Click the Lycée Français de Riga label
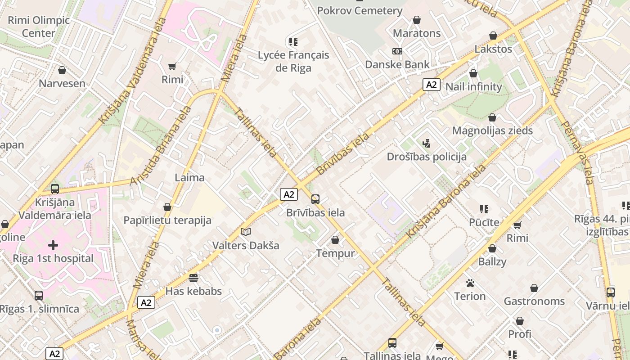tap(293, 62)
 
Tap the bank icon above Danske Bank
tap(397, 51)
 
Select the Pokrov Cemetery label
tap(360, 10)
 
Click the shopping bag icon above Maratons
tap(417, 20)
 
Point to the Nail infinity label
tap(473, 87)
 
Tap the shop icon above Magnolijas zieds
tap(492, 117)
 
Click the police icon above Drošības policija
tap(426, 144)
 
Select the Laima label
tap(189, 177)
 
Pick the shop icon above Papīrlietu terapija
tap(167, 207)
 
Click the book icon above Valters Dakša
tap(245, 232)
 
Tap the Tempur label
tap(335, 253)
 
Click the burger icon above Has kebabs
tap(193, 278)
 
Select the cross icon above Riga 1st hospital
tap(53, 245)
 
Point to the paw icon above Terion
tap(470, 283)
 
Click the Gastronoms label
tap(534, 301)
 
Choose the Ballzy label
tap(492, 261)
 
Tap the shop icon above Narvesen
tap(62, 70)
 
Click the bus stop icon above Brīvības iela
tap(315, 199)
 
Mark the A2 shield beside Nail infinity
tap(431, 85)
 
